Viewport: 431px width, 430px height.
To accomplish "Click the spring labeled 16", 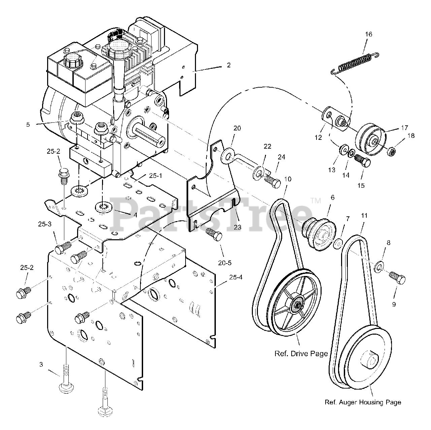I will coord(354,62).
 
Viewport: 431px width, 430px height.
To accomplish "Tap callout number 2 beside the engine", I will coord(229,65).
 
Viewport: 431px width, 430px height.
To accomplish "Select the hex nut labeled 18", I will coord(391,152).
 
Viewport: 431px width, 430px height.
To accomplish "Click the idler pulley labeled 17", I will coord(370,138).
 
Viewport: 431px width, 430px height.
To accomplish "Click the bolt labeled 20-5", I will coord(214,234).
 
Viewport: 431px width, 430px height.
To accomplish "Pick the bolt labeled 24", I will coord(273,182).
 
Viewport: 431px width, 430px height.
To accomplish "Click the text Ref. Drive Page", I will coord(301,354).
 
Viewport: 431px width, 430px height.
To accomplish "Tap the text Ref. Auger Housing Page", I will coord(363,402).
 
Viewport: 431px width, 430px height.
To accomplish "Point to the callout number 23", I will coord(238,227).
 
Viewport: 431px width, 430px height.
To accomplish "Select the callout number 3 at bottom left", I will coord(41,364).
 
